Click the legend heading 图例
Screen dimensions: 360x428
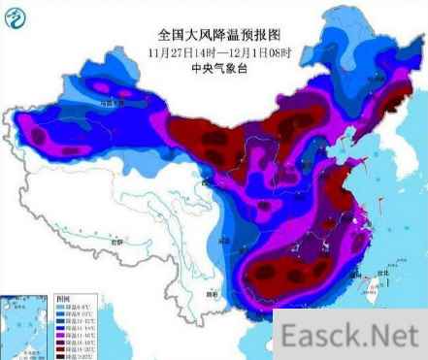65,299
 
